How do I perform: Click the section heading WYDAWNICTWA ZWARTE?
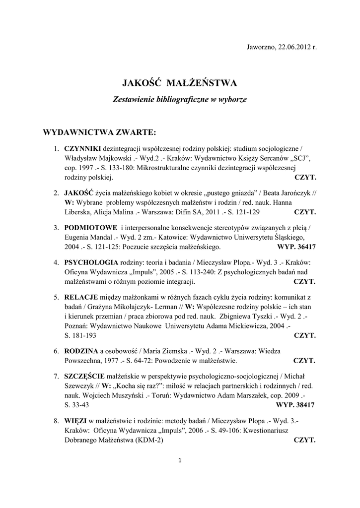[x=100, y=132]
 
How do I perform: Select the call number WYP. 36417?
[x=296, y=247]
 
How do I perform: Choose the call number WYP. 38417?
[x=296, y=405]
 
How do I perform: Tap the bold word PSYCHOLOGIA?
[x=91, y=262]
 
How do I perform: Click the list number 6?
[x=57, y=351]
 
